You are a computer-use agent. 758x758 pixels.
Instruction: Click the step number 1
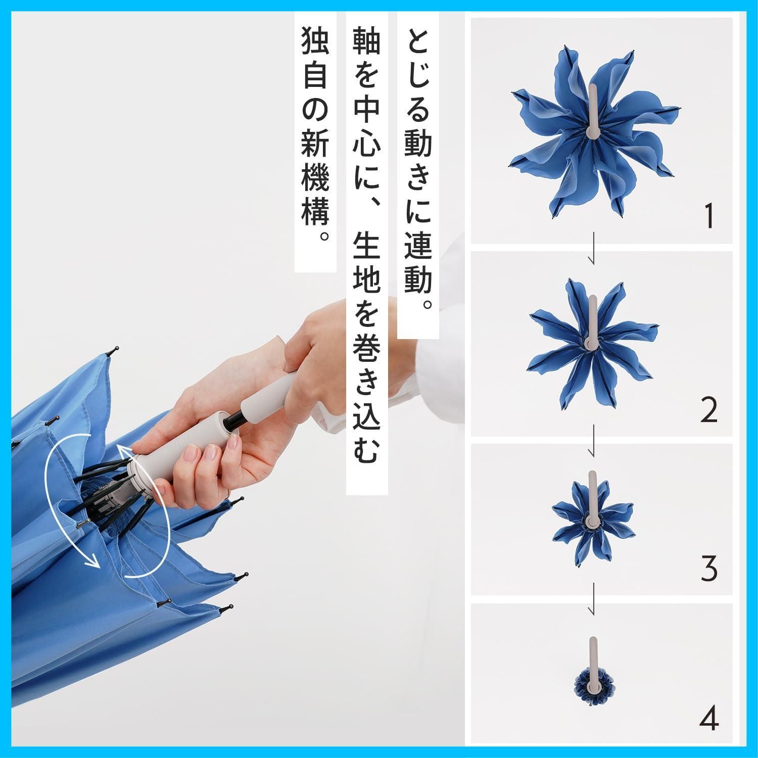pos(710,216)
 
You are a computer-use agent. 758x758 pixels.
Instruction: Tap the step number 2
pos(709,410)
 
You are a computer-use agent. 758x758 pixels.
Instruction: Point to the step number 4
pos(710,718)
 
